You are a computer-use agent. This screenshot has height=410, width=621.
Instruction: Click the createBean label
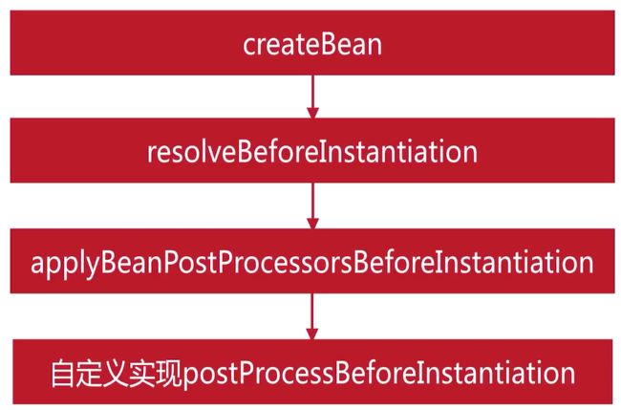(x=312, y=44)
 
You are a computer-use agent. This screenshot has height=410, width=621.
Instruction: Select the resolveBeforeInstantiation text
(x=312, y=152)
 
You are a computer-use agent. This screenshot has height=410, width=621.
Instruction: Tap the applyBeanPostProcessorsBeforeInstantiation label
(x=312, y=264)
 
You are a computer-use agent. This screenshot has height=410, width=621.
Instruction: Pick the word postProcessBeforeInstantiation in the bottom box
(x=378, y=374)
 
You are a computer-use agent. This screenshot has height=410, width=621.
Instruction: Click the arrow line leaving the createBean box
(x=312, y=92)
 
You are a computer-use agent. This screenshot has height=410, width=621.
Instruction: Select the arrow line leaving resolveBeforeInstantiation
(x=312, y=201)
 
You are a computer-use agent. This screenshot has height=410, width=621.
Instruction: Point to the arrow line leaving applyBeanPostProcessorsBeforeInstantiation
(x=312, y=312)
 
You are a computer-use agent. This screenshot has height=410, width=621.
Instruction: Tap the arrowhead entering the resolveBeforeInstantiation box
(x=312, y=113)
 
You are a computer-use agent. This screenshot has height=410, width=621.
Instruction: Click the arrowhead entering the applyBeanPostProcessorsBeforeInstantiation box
(x=312, y=223)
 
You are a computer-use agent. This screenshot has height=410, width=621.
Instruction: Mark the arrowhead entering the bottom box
(x=312, y=334)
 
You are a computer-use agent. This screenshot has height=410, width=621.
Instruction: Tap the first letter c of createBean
(x=249, y=47)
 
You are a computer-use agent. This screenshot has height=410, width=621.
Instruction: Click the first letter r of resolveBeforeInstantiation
(x=152, y=155)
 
